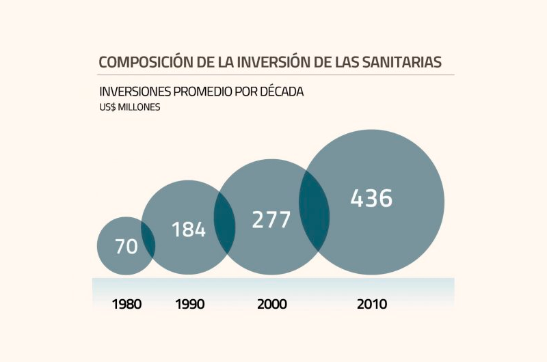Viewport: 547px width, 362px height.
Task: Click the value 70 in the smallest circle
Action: [x=126, y=247]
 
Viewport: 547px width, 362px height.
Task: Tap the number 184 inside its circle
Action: [x=188, y=229]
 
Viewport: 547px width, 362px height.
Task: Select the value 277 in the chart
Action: [x=271, y=220]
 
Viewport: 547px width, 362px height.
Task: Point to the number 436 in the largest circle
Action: [x=371, y=198]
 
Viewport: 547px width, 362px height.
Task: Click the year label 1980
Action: [x=126, y=305]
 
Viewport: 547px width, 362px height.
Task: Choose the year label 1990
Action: [x=189, y=305]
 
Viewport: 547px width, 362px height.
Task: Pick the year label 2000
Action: [x=271, y=305]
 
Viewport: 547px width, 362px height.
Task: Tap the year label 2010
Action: [x=372, y=305]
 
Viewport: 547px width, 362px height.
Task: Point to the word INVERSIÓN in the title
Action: [x=273, y=62]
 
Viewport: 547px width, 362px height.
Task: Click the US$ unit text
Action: [x=108, y=107]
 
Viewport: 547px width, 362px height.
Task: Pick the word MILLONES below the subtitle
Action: [x=140, y=107]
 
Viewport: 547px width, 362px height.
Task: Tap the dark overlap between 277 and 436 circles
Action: [x=314, y=212]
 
